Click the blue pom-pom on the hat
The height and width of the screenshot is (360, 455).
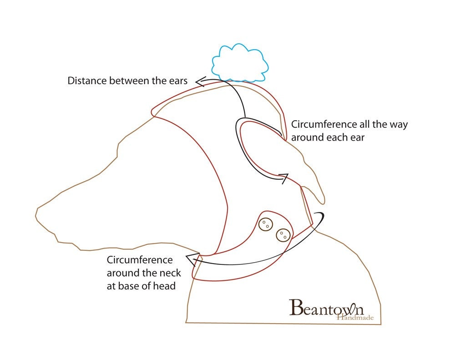(240, 63)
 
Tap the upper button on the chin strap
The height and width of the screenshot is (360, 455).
(266, 224)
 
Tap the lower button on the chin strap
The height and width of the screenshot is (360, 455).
(283, 235)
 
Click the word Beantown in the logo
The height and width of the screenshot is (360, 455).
(326, 308)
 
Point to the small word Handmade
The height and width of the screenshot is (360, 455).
(355, 317)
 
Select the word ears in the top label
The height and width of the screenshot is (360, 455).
(178, 81)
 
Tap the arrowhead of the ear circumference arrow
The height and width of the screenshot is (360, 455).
(284, 177)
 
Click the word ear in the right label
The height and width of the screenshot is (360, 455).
(358, 137)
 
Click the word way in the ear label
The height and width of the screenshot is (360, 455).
(399, 125)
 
